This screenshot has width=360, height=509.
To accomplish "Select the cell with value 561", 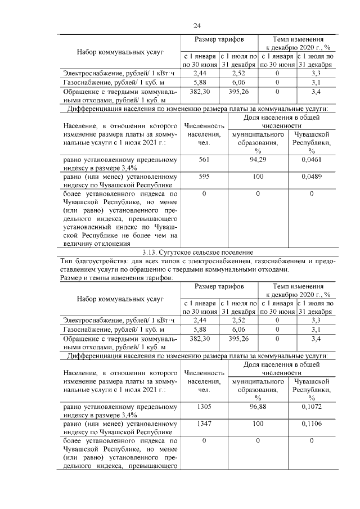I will (x=204, y=160).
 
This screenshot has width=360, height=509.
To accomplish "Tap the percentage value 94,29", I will (x=258, y=160).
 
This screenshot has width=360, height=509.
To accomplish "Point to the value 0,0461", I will (x=311, y=160).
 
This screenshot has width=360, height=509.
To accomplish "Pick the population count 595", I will (x=204, y=177).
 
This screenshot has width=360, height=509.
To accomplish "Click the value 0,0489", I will (x=311, y=177).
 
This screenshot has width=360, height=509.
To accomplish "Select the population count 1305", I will (x=204, y=407).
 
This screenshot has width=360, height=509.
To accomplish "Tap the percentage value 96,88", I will (x=258, y=407).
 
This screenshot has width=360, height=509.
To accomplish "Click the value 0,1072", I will (x=311, y=407).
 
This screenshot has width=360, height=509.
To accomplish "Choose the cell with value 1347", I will (x=204, y=424).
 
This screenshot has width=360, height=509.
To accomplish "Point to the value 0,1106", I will (x=311, y=424).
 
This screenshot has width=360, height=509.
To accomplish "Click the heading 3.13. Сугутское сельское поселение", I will (x=197, y=252).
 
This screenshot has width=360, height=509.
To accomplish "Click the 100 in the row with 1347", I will (x=258, y=424).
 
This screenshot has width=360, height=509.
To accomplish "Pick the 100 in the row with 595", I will (x=258, y=177).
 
